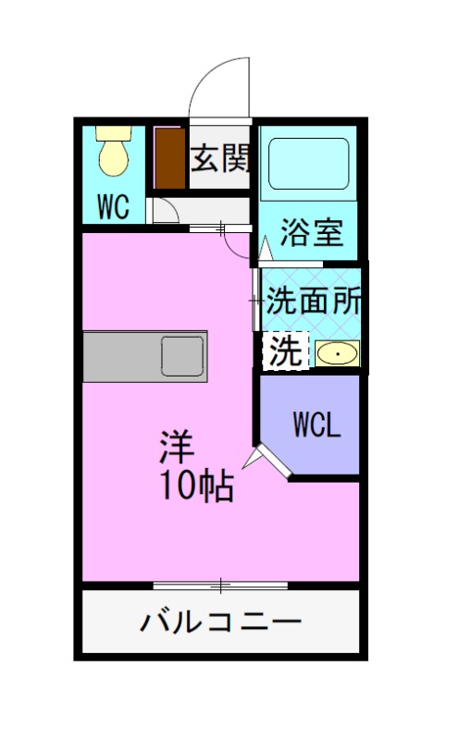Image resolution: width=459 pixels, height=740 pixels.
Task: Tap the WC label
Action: pos(113,205)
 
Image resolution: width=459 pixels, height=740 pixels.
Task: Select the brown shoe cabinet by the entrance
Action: pos(168,159)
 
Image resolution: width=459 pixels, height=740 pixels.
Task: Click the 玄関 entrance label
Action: pos(220,159)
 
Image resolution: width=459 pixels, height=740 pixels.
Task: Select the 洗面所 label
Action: pos(314,302)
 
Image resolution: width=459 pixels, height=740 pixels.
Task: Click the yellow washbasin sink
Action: pos(338,353)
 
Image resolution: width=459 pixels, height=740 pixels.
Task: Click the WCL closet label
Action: pos(317,424)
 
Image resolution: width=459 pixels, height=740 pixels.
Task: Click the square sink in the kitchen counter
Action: pos(182,354)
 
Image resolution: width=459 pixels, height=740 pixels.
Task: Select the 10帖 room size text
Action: pos(196,486)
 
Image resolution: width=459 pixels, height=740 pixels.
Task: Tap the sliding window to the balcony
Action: pos(221,585)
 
